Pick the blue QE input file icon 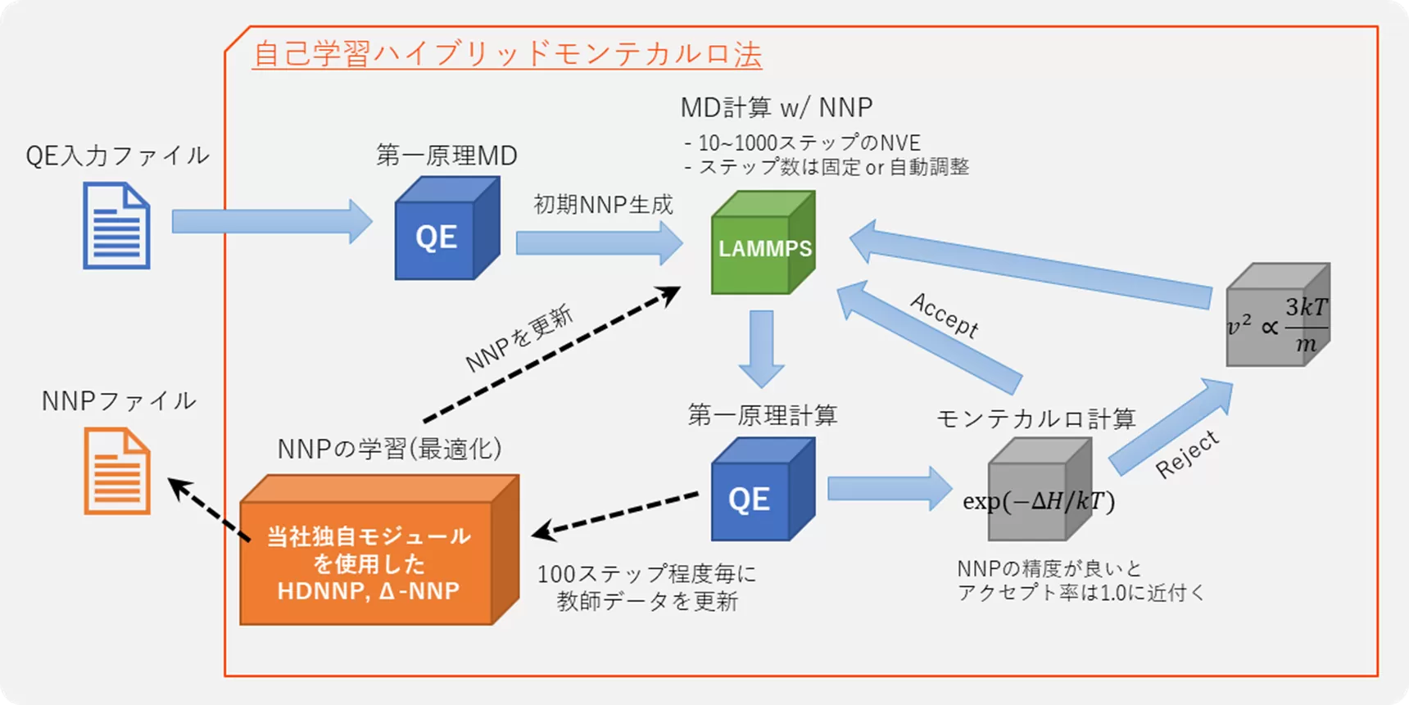pos(116,226)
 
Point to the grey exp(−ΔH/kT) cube pos(1039,491)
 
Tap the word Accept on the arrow pos(945,314)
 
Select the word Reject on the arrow pos(1187,454)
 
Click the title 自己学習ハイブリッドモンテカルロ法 pos(507,54)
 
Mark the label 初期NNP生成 pos(603,204)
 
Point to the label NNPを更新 pos(519,339)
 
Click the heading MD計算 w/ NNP pos(776,107)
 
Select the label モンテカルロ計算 pos(1035,418)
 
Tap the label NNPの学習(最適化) pos(389,449)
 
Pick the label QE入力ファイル pos(117,156)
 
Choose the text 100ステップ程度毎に pos(646,574)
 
